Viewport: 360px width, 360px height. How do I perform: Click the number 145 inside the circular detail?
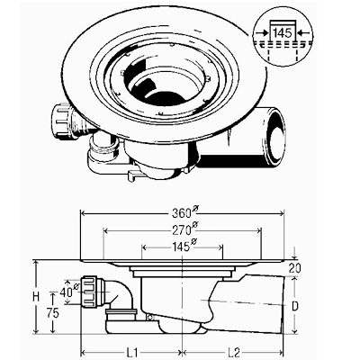283,32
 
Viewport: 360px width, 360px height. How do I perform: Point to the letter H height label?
36,297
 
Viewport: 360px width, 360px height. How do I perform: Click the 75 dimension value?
53,313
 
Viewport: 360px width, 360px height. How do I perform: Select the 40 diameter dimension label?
68,292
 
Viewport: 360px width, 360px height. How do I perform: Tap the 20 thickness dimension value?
295,268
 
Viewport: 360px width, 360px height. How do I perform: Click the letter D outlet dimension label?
295,306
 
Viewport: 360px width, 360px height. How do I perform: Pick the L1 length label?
131,352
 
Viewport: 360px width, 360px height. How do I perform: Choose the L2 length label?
233,352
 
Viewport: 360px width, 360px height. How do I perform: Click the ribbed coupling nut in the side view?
92,292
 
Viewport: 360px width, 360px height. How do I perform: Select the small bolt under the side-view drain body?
150,317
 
